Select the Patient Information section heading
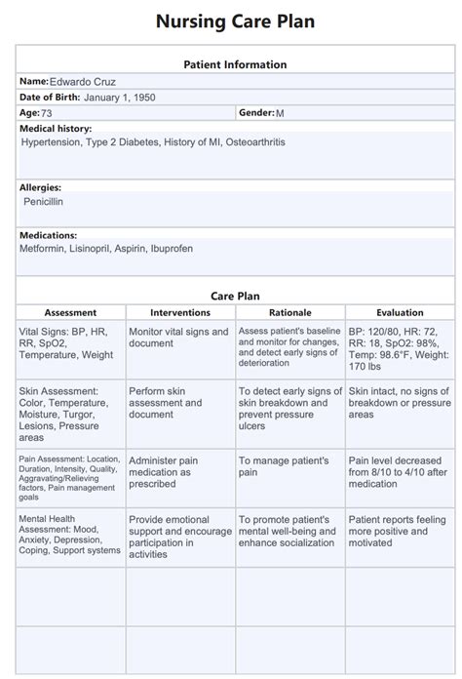click(x=235, y=64)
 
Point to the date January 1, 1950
click(x=120, y=98)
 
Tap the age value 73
click(x=48, y=114)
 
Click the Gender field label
click(x=255, y=114)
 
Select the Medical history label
click(x=56, y=129)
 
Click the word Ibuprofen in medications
click(x=172, y=249)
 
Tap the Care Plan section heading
click(x=235, y=295)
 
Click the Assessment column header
click(x=70, y=313)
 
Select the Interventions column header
click(x=180, y=313)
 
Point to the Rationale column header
click(x=289, y=313)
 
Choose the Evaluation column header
click(x=400, y=313)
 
